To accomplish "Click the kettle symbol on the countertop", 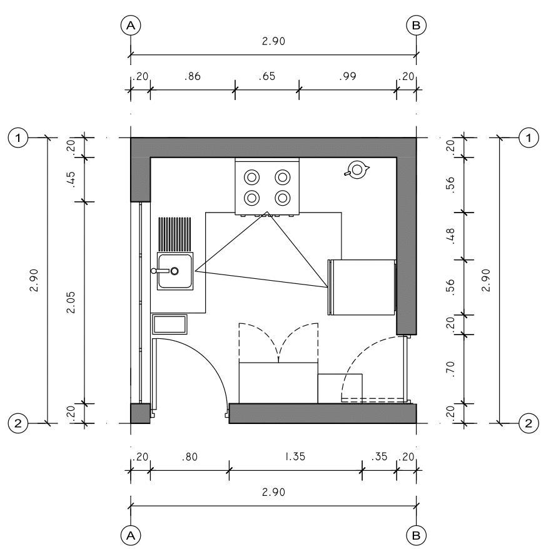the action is coord(357,170).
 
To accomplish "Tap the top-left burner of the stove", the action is coord(252,177).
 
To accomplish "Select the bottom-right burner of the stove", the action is coord(282,198).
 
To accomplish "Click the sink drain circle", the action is coord(174,271).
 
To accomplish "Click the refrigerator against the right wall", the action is coord(362,287).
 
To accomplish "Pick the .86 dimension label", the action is coord(193,76).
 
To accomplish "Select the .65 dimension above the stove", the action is coord(267,76).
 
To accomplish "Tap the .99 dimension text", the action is coord(347,76).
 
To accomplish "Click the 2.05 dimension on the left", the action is coord(71,302).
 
